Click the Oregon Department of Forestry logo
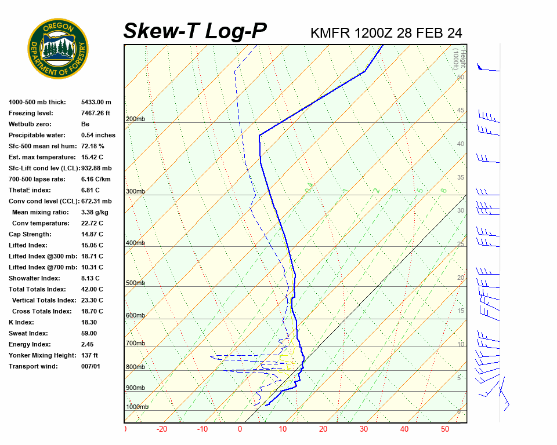[x=58, y=49]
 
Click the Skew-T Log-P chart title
[x=195, y=31]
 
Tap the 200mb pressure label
[x=135, y=119]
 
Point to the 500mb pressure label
[x=135, y=283]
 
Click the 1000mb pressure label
[x=137, y=407]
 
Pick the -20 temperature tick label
[x=162, y=429]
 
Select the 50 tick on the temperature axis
[x=445, y=429]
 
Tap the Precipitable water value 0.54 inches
[x=98, y=135]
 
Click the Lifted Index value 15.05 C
[x=92, y=245]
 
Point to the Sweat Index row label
[x=29, y=333]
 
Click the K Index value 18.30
[x=89, y=322]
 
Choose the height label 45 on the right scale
[x=461, y=111]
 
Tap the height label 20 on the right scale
[x=461, y=278]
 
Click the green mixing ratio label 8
[x=443, y=190]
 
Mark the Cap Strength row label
[x=30, y=234]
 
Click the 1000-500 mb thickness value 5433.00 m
[x=96, y=102]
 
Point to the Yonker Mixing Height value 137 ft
[x=89, y=355]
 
